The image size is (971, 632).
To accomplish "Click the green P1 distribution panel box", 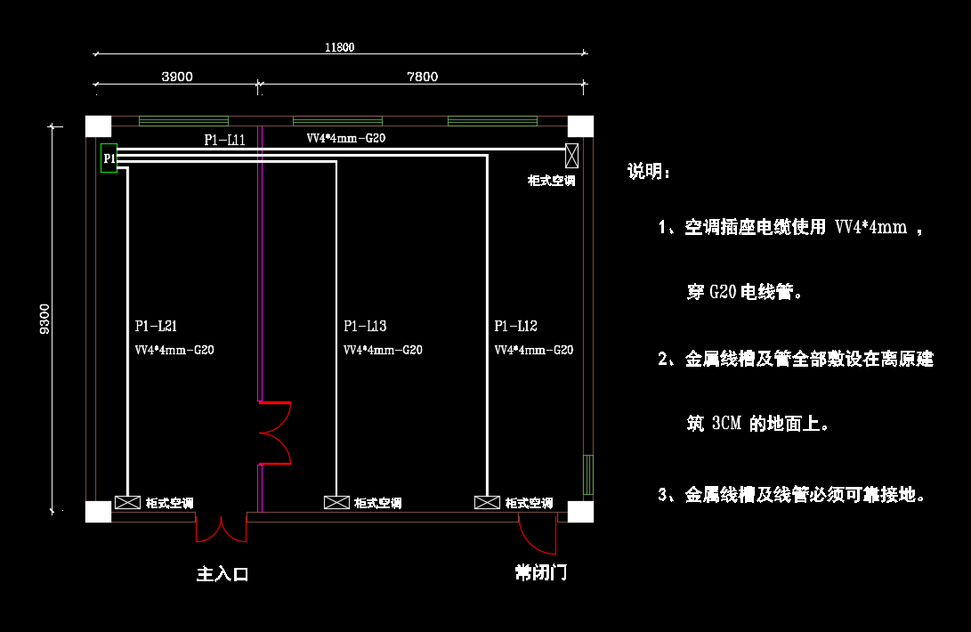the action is [109, 158].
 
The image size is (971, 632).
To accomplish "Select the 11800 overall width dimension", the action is [339, 48].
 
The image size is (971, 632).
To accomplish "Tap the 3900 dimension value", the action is [177, 77].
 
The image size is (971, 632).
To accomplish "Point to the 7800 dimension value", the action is [423, 77].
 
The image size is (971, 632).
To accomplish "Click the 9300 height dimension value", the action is [45, 319].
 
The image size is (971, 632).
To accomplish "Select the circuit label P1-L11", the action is [225, 140].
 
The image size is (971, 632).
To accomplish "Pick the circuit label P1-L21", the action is [156, 326].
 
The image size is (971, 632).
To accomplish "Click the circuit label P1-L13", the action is [366, 326].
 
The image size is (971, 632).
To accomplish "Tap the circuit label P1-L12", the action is [516, 326].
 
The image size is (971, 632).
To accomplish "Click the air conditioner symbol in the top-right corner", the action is [572, 156].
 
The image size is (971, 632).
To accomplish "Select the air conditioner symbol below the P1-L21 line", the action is [127, 503].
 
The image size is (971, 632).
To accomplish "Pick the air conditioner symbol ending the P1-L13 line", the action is [337, 503].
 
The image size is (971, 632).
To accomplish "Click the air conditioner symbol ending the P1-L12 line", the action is [488, 503].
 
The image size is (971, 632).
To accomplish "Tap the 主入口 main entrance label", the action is [223, 574].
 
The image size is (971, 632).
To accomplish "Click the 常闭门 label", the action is [541, 572].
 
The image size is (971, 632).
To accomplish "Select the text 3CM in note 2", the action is [727, 423].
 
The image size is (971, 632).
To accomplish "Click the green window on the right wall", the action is [588, 474].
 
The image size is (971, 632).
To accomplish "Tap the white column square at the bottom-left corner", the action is [99, 512].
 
